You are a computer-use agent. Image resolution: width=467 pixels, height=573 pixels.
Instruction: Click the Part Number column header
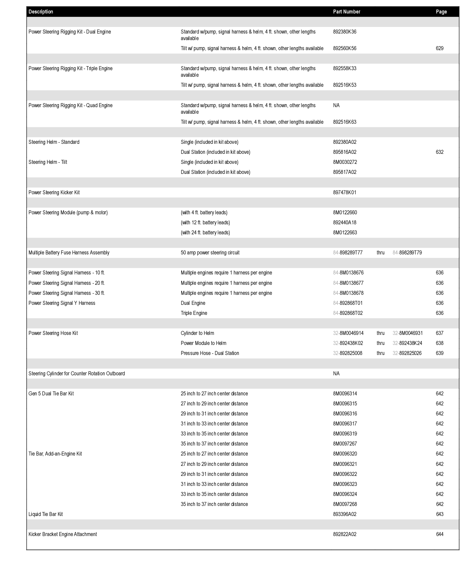[346, 12]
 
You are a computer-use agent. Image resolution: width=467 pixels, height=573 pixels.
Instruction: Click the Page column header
[441, 12]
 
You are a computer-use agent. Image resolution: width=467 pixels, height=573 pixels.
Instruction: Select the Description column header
[41, 12]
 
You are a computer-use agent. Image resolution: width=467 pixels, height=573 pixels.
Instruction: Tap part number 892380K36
[344, 32]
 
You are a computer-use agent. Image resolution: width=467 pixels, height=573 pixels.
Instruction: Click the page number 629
[439, 48]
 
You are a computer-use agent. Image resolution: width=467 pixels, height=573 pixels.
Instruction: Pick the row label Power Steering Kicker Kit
[54, 192]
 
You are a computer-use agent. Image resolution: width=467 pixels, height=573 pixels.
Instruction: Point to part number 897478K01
[344, 192]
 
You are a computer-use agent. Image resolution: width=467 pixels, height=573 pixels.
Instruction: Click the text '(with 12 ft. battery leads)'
[205, 222]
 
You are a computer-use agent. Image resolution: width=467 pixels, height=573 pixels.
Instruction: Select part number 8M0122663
[345, 232]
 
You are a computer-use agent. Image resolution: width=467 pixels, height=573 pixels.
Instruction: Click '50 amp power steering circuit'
[210, 253]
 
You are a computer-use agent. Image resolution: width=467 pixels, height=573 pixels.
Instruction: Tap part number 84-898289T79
[407, 253]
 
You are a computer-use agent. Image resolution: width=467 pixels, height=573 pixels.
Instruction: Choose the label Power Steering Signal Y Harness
[62, 303]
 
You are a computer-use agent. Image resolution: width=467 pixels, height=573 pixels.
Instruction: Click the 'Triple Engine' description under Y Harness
[194, 313]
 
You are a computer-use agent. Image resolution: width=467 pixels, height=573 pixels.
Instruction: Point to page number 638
[439, 343]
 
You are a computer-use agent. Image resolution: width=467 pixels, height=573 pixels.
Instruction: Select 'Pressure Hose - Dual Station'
[210, 353]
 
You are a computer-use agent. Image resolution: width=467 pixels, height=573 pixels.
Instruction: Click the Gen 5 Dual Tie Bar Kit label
[51, 393]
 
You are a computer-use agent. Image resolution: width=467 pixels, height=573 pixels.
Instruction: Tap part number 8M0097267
[345, 444]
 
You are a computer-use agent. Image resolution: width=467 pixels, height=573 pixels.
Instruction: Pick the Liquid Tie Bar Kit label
[45, 514]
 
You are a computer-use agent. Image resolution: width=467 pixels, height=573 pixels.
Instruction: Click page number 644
[440, 534]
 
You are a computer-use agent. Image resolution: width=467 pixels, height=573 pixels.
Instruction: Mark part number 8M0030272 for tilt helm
[345, 162]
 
